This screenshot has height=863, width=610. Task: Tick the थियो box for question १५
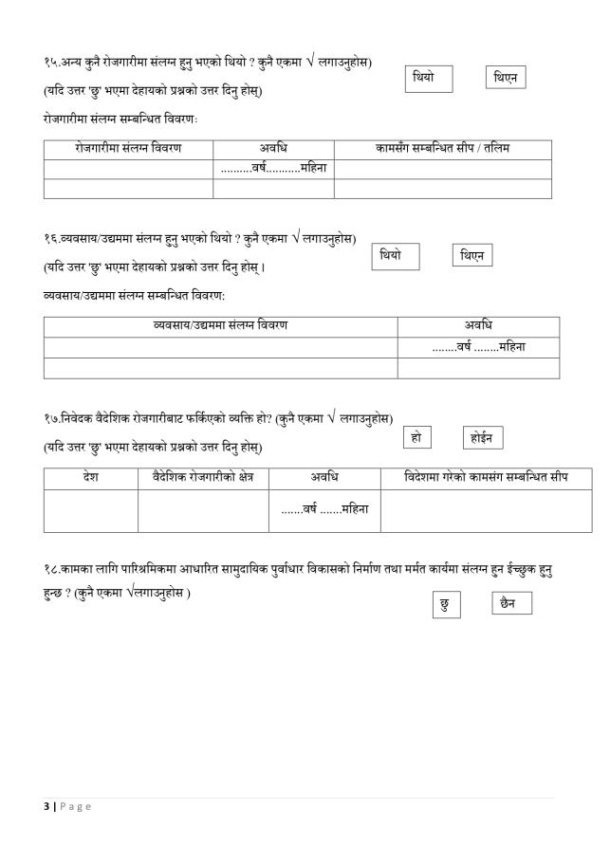(x=429, y=79)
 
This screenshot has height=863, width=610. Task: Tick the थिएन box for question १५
(x=505, y=79)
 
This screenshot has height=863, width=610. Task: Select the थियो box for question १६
(x=395, y=256)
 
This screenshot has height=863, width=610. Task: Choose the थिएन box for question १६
(x=471, y=256)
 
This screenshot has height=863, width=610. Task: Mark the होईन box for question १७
(x=483, y=437)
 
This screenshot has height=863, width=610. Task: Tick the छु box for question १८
(x=446, y=605)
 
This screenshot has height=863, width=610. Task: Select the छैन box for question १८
(x=511, y=603)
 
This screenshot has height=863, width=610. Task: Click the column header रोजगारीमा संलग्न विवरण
(x=128, y=149)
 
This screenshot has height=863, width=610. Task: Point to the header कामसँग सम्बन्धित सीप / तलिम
(x=442, y=149)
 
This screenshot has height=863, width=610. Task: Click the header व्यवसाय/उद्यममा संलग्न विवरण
(x=220, y=326)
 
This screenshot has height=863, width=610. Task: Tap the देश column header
(x=90, y=476)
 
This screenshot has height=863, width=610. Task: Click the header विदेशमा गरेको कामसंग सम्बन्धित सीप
(x=485, y=476)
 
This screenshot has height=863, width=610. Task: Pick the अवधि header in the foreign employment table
(x=324, y=476)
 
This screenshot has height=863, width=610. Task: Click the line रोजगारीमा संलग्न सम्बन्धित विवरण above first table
(x=120, y=119)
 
